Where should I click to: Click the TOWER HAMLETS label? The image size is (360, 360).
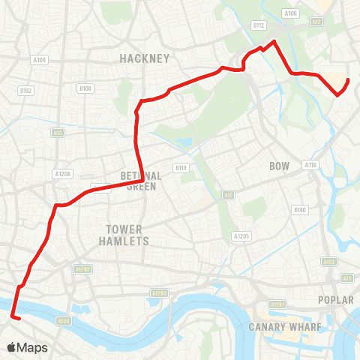[x=124, y=235]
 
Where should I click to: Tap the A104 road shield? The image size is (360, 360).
[x=40, y=60]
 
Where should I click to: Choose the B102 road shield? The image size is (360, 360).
[x=26, y=91]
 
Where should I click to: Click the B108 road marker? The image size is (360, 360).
[x=85, y=88]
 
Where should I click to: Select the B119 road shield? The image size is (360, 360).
[x=180, y=167]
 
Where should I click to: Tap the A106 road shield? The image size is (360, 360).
[x=291, y=13]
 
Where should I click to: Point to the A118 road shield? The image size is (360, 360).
[x=310, y=164]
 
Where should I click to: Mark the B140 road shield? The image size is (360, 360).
[x=301, y=209]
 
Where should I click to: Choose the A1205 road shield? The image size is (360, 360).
[x=241, y=235]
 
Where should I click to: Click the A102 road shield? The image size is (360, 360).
[x=328, y=261]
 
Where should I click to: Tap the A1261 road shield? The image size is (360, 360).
[x=277, y=304]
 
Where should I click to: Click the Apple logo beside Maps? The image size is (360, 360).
[x=12, y=347]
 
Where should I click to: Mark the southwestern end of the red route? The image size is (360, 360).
[x=13, y=317]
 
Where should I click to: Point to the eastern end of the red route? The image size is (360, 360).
[x=348, y=79]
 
